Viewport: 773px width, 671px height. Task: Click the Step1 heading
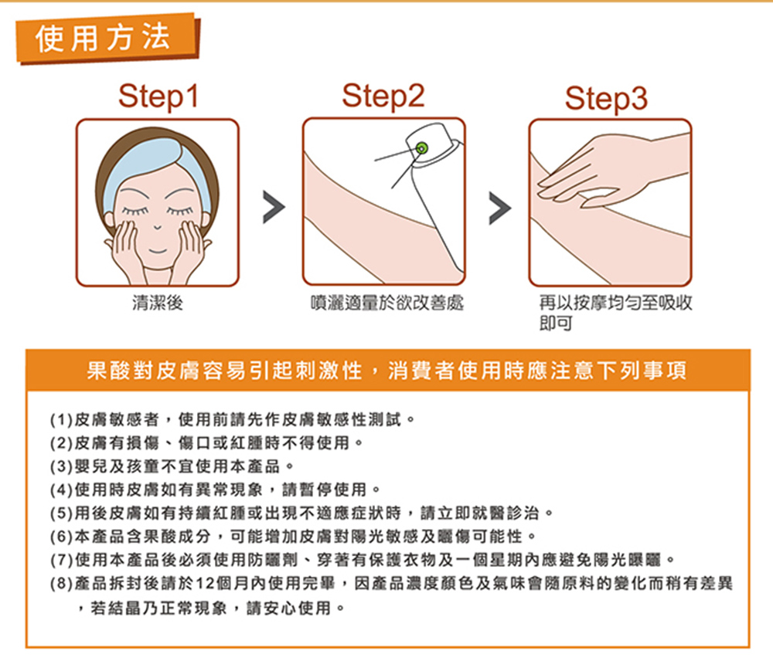pyautogui.click(x=158, y=97)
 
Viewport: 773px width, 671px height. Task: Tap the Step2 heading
pyautogui.click(x=383, y=97)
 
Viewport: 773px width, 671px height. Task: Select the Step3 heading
pyautogui.click(x=606, y=99)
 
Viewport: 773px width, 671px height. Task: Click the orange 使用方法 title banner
pyautogui.click(x=108, y=39)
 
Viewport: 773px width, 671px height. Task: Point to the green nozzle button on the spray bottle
pyautogui.click(x=422, y=147)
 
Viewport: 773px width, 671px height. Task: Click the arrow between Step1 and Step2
pyautogui.click(x=274, y=207)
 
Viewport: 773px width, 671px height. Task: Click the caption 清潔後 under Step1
pyautogui.click(x=158, y=303)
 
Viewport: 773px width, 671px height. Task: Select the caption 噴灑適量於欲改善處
pyautogui.click(x=387, y=303)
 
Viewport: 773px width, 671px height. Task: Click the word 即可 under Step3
pyautogui.click(x=556, y=323)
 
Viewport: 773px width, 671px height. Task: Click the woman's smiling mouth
pyautogui.click(x=158, y=251)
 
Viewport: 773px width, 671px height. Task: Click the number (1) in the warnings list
pyautogui.click(x=62, y=420)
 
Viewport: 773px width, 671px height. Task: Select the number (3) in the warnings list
pyautogui.click(x=62, y=466)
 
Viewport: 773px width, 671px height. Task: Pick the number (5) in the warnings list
pyautogui.click(x=62, y=513)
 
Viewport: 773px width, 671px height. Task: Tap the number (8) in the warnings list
pyautogui.click(x=62, y=584)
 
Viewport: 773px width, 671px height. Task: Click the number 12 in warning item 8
pyautogui.click(x=206, y=584)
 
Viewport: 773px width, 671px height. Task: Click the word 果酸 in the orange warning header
pyautogui.click(x=108, y=371)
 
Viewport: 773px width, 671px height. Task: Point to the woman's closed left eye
pyautogui.click(x=179, y=211)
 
